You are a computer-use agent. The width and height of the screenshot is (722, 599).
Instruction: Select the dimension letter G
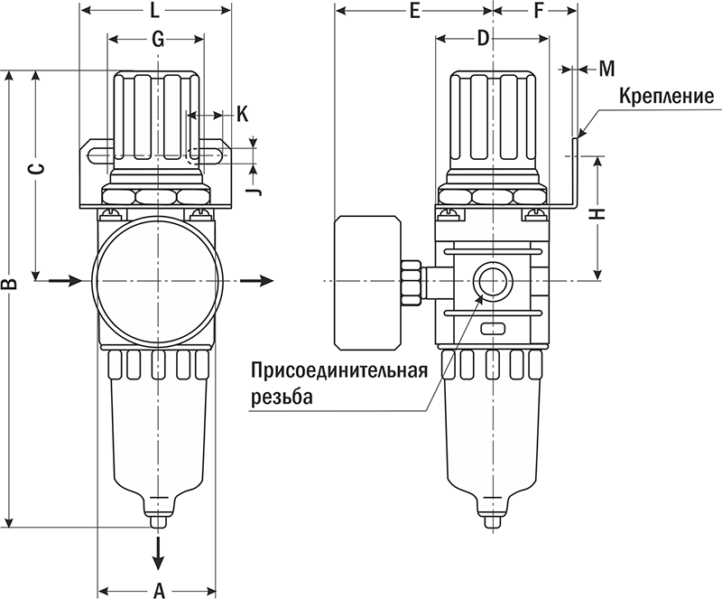point(157,40)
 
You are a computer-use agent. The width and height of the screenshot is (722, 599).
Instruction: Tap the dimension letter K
point(242,114)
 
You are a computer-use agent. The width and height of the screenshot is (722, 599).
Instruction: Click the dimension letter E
point(414,12)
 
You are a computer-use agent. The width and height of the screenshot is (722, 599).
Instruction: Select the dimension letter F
point(539,12)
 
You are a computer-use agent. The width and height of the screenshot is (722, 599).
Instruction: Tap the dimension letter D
point(483,39)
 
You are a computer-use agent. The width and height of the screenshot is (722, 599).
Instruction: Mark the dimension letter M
point(606,69)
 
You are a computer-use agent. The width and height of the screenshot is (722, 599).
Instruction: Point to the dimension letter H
point(603,214)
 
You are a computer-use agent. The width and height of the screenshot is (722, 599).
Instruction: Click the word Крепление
point(667,97)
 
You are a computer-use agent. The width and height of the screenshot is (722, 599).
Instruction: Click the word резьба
point(281,397)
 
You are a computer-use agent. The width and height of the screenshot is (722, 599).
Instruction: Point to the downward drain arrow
point(159,548)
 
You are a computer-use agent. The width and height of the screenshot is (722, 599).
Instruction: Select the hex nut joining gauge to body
point(412,281)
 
